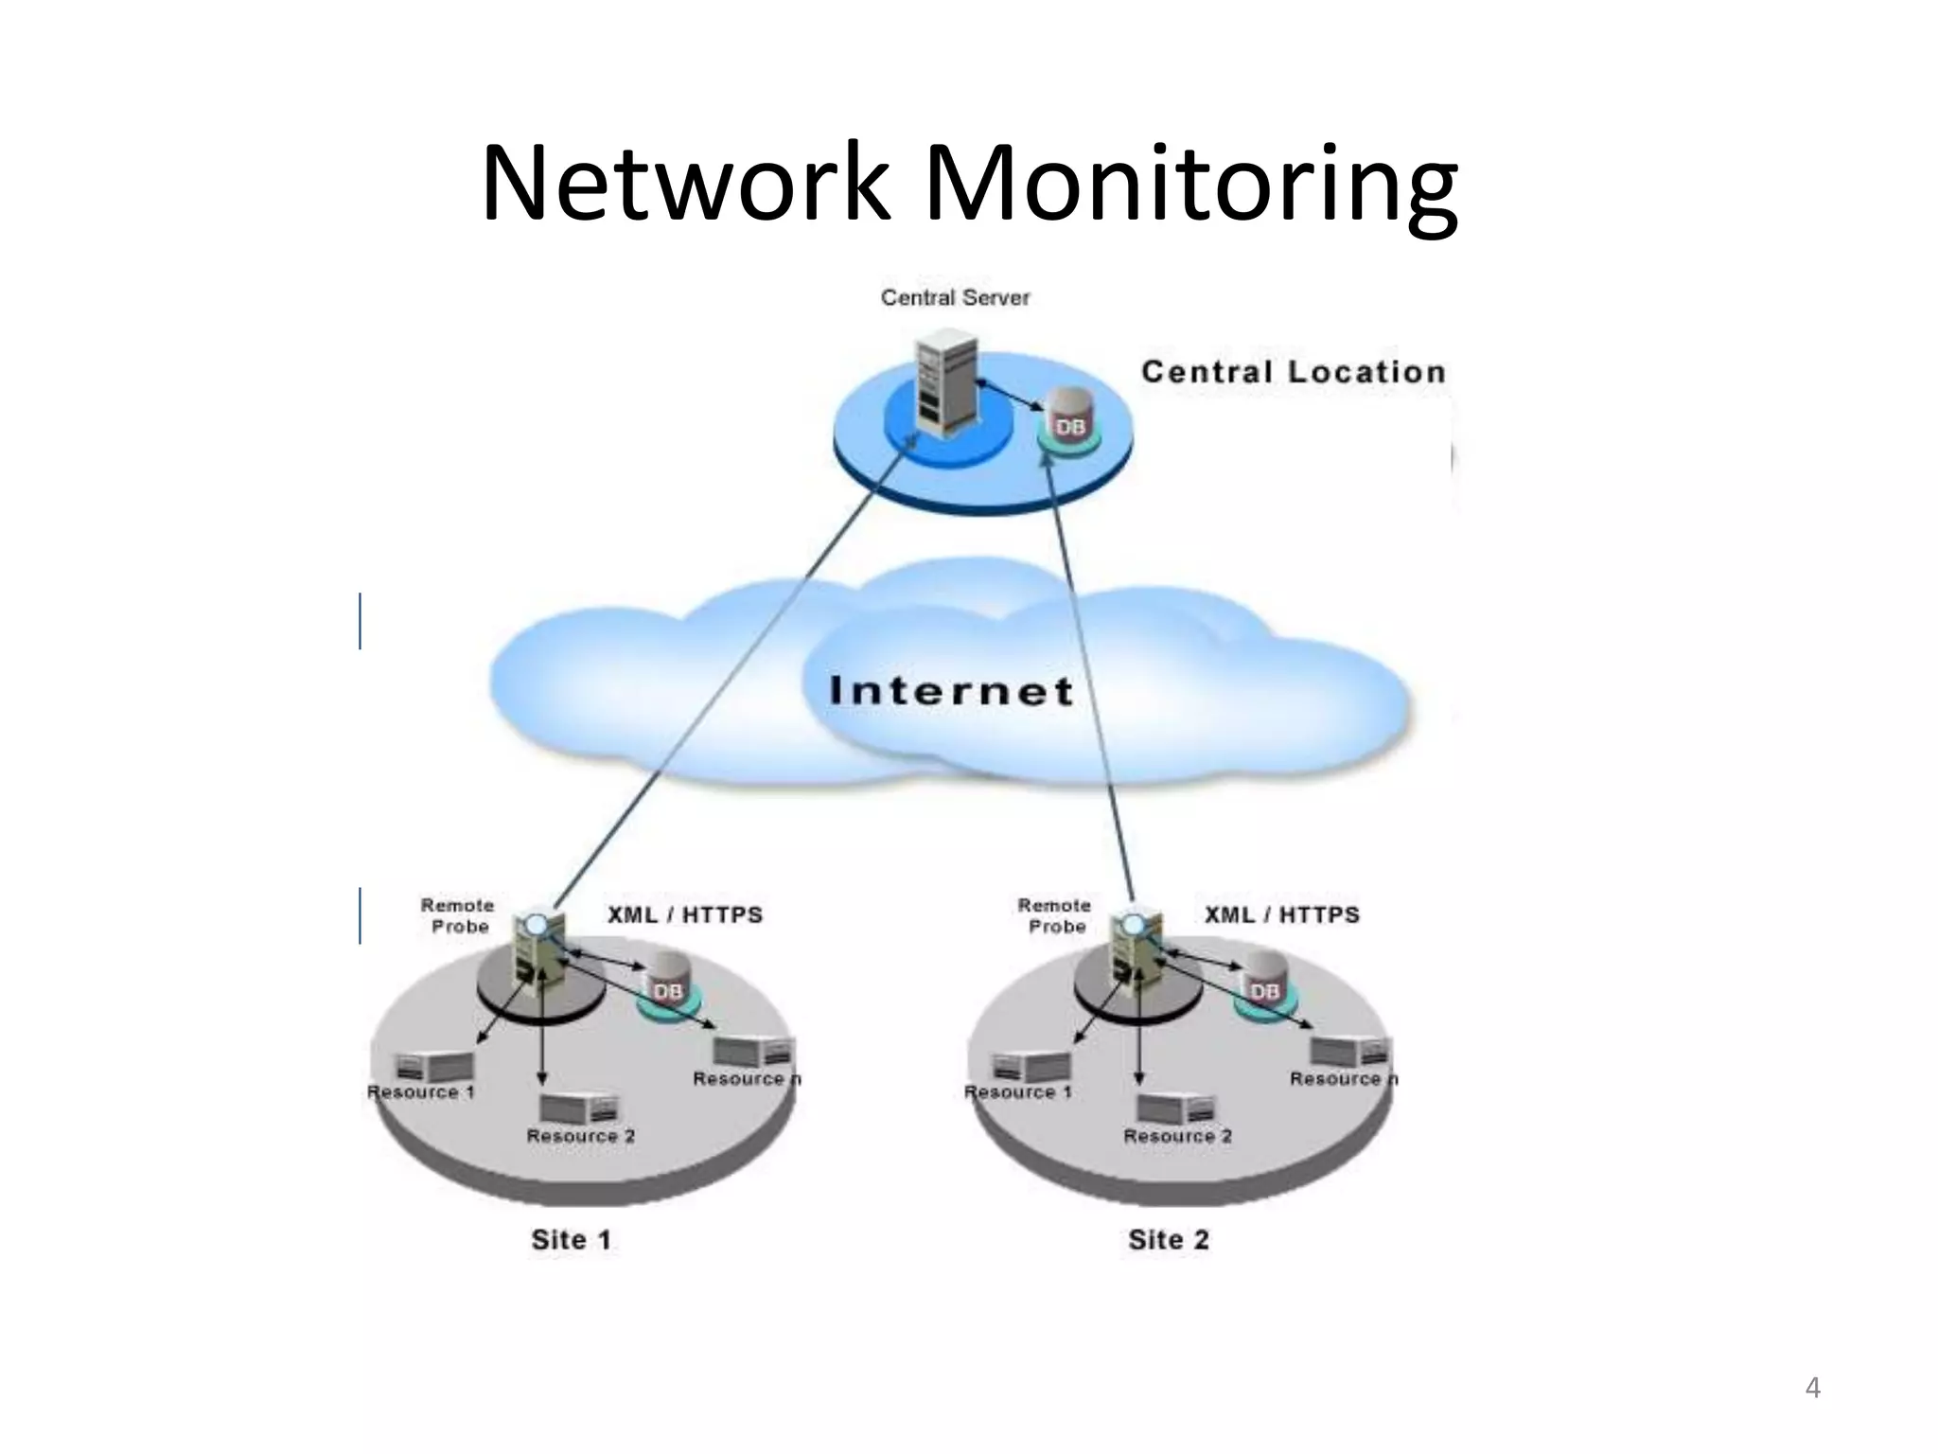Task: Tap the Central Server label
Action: click(955, 297)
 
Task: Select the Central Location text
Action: click(1293, 372)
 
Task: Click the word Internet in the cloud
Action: click(951, 691)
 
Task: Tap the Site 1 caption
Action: click(572, 1239)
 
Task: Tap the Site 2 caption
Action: click(1169, 1239)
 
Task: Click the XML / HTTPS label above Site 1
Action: click(684, 914)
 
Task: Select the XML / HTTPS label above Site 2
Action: click(1281, 914)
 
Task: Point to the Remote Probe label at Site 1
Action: click(458, 915)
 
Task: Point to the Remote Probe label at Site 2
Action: click(1055, 915)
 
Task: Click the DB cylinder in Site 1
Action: click(666, 984)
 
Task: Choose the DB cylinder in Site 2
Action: click(1263, 984)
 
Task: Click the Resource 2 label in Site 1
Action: click(580, 1136)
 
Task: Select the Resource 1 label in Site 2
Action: click(1018, 1092)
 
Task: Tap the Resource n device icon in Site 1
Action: click(753, 1051)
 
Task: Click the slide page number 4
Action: click(1812, 1388)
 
